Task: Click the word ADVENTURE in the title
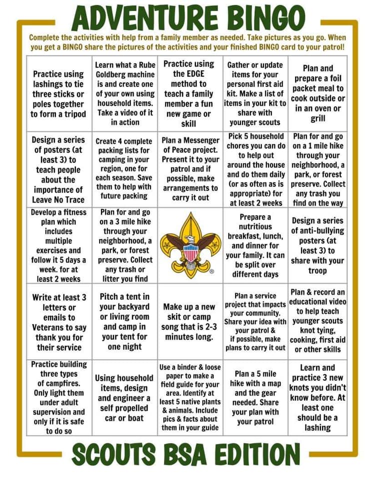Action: [x=145, y=18]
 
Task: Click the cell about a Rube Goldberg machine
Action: [x=125, y=93]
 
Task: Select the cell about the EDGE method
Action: [x=189, y=93]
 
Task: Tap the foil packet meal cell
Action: [x=318, y=93]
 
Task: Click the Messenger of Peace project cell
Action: [x=190, y=169]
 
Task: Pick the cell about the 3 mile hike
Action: [x=124, y=245]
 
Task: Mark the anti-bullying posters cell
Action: [x=318, y=245]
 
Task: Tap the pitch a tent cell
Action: [x=124, y=321]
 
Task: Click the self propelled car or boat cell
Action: [x=124, y=397]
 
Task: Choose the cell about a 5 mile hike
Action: [x=254, y=397]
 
